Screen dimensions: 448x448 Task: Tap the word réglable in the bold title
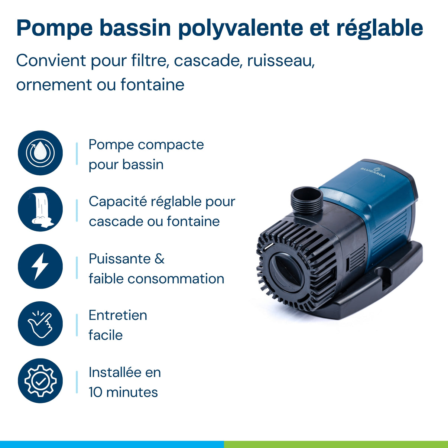pos(379,28)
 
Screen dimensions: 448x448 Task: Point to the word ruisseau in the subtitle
pos(281,61)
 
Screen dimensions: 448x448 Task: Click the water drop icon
pos(40,153)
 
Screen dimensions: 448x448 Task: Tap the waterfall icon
pos(40,209)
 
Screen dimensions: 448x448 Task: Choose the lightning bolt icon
pos(40,266)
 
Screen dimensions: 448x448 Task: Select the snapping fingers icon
pos(40,324)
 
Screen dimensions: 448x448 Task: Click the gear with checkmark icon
pos(40,381)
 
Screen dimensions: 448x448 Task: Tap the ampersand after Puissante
pos(159,259)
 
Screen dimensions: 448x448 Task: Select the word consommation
pos(176,279)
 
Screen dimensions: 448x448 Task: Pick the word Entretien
pos(118,315)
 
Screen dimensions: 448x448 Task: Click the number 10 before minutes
pos(95,392)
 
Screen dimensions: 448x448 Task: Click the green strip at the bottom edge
pos(336,444)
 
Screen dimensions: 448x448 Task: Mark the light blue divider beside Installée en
pos(77,382)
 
